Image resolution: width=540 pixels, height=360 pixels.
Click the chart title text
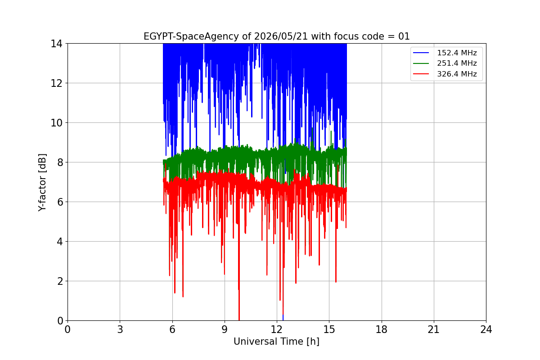coord(276,36)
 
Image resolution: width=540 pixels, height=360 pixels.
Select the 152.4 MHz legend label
coord(457,53)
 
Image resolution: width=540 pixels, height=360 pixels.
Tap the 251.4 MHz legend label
coord(457,63)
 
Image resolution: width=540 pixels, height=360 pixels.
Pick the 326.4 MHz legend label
coord(457,74)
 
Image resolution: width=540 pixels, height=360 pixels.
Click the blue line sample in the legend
coord(421,53)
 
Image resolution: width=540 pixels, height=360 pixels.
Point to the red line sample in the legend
coord(421,74)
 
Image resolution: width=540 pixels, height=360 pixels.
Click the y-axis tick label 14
coord(56,44)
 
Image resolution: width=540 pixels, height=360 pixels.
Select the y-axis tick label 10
coord(56,123)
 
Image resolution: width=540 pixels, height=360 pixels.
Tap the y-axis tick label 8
coord(60,162)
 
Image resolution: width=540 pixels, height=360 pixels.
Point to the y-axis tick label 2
coord(60,281)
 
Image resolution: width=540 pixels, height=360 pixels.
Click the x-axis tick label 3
coord(120,329)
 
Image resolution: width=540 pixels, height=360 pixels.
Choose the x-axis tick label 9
coord(225,329)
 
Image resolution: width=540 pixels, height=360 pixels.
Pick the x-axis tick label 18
coord(382,329)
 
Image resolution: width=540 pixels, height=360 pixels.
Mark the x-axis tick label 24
coord(486,329)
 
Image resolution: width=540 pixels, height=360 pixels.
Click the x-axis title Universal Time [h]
coord(276,342)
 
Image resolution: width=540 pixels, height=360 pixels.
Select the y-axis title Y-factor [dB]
coord(42,183)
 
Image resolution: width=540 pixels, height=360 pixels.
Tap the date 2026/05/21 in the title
coord(281,36)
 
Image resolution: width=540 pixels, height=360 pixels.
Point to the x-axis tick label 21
coord(434,329)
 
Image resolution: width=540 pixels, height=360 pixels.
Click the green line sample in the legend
coord(421,63)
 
